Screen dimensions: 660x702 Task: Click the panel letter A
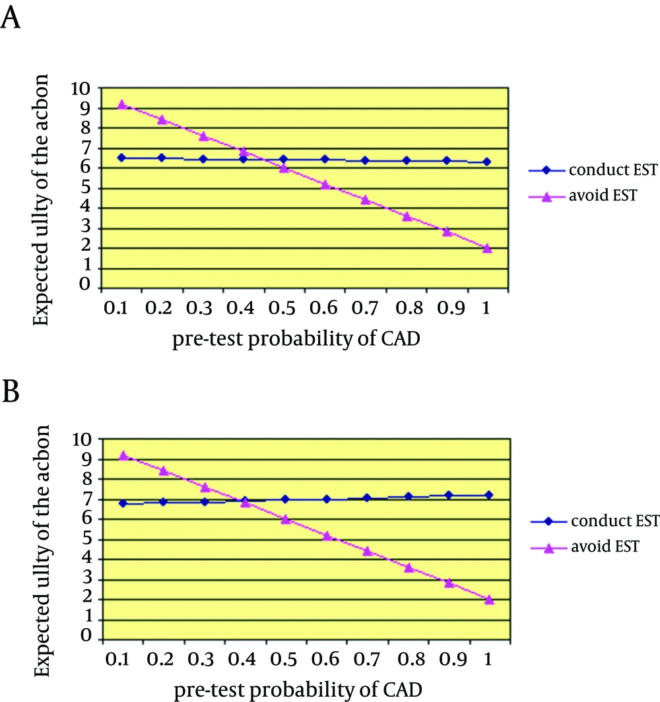[x=11, y=18]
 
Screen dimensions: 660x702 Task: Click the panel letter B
[x=11, y=391]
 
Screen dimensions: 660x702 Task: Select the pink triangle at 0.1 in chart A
[x=121, y=105]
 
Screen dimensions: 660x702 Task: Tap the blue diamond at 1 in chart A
[x=487, y=162]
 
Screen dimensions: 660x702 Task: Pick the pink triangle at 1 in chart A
[x=487, y=248]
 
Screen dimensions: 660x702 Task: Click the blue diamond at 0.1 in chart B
[x=123, y=503]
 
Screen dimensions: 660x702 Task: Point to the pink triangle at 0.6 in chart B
[x=327, y=536]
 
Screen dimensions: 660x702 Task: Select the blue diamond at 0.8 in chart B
[x=409, y=496]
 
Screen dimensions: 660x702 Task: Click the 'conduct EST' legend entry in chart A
[x=593, y=170]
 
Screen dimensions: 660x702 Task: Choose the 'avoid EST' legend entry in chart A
[x=583, y=196]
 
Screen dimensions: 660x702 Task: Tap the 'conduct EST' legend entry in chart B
[x=595, y=521]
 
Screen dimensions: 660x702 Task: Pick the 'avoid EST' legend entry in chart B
[x=584, y=547]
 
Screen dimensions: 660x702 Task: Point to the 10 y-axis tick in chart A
[x=81, y=88]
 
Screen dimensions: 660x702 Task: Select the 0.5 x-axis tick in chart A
[x=282, y=308]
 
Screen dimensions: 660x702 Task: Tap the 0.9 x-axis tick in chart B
[x=453, y=659]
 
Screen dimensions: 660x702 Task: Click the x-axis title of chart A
[x=296, y=339]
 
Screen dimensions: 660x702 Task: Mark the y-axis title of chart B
[x=42, y=551]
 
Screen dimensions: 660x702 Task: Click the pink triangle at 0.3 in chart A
[x=203, y=136]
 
